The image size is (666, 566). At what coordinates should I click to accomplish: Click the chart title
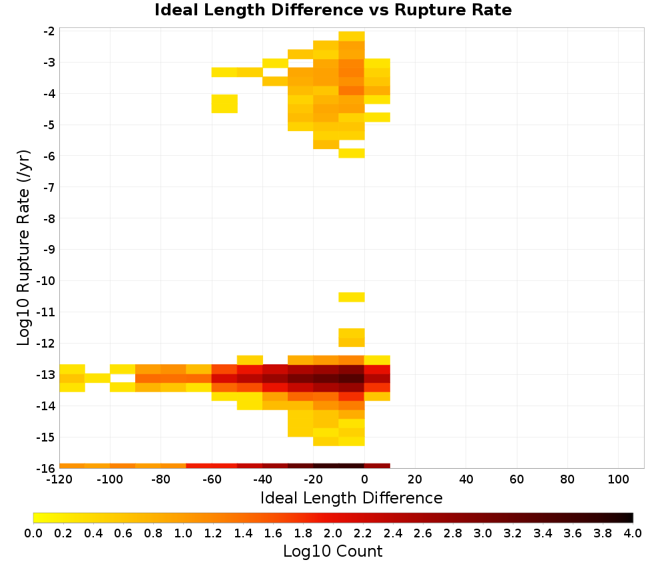pos(333,10)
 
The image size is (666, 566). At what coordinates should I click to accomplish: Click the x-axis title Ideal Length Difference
pos(351,497)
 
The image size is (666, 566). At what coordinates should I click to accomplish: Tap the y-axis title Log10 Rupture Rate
pos(24,248)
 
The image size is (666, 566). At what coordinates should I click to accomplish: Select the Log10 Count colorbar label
pos(332,551)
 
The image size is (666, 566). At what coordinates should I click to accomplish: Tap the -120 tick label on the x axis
pos(59,480)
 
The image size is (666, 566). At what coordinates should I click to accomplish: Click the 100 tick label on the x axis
pos(618,480)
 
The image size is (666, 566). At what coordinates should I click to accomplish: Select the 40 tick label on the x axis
pos(466,480)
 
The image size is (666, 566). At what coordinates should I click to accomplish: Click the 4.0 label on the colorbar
pos(633,533)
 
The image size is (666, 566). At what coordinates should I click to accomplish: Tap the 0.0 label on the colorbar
pos(33,533)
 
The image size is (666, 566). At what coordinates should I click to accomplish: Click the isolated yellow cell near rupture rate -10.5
pos(352,297)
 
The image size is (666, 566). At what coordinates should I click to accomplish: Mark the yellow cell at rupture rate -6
pos(352,153)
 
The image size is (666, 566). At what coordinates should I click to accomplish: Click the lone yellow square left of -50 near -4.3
pos(224,104)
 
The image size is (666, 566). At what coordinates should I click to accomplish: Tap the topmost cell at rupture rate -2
pos(352,36)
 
